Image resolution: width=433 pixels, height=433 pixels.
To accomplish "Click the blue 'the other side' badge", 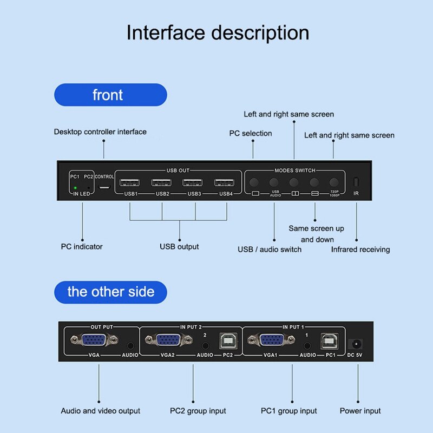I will click(x=110, y=292).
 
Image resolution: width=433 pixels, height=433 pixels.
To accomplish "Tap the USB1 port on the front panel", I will click(x=130, y=183).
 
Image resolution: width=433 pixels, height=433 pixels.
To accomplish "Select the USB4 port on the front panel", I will click(x=225, y=183).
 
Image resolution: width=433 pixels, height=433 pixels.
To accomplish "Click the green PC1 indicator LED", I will click(x=75, y=188).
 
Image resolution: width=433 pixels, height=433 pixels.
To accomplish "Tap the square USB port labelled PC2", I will click(x=227, y=340).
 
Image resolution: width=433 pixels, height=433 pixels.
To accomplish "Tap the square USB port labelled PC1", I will click(x=330, y=340).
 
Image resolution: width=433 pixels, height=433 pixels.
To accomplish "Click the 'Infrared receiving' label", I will click(x=360, y=250).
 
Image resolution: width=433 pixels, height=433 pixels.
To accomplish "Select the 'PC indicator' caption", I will click(x=81, y=247).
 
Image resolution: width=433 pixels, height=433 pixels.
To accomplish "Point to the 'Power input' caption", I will click(x=360, y=411).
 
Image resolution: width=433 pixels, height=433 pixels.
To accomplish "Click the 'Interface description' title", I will click(x=218, y=32).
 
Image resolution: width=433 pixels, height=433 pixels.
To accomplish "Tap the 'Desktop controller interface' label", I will click(x=100, y=132).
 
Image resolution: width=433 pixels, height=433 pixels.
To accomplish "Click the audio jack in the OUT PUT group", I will click(x=130, y=344).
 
